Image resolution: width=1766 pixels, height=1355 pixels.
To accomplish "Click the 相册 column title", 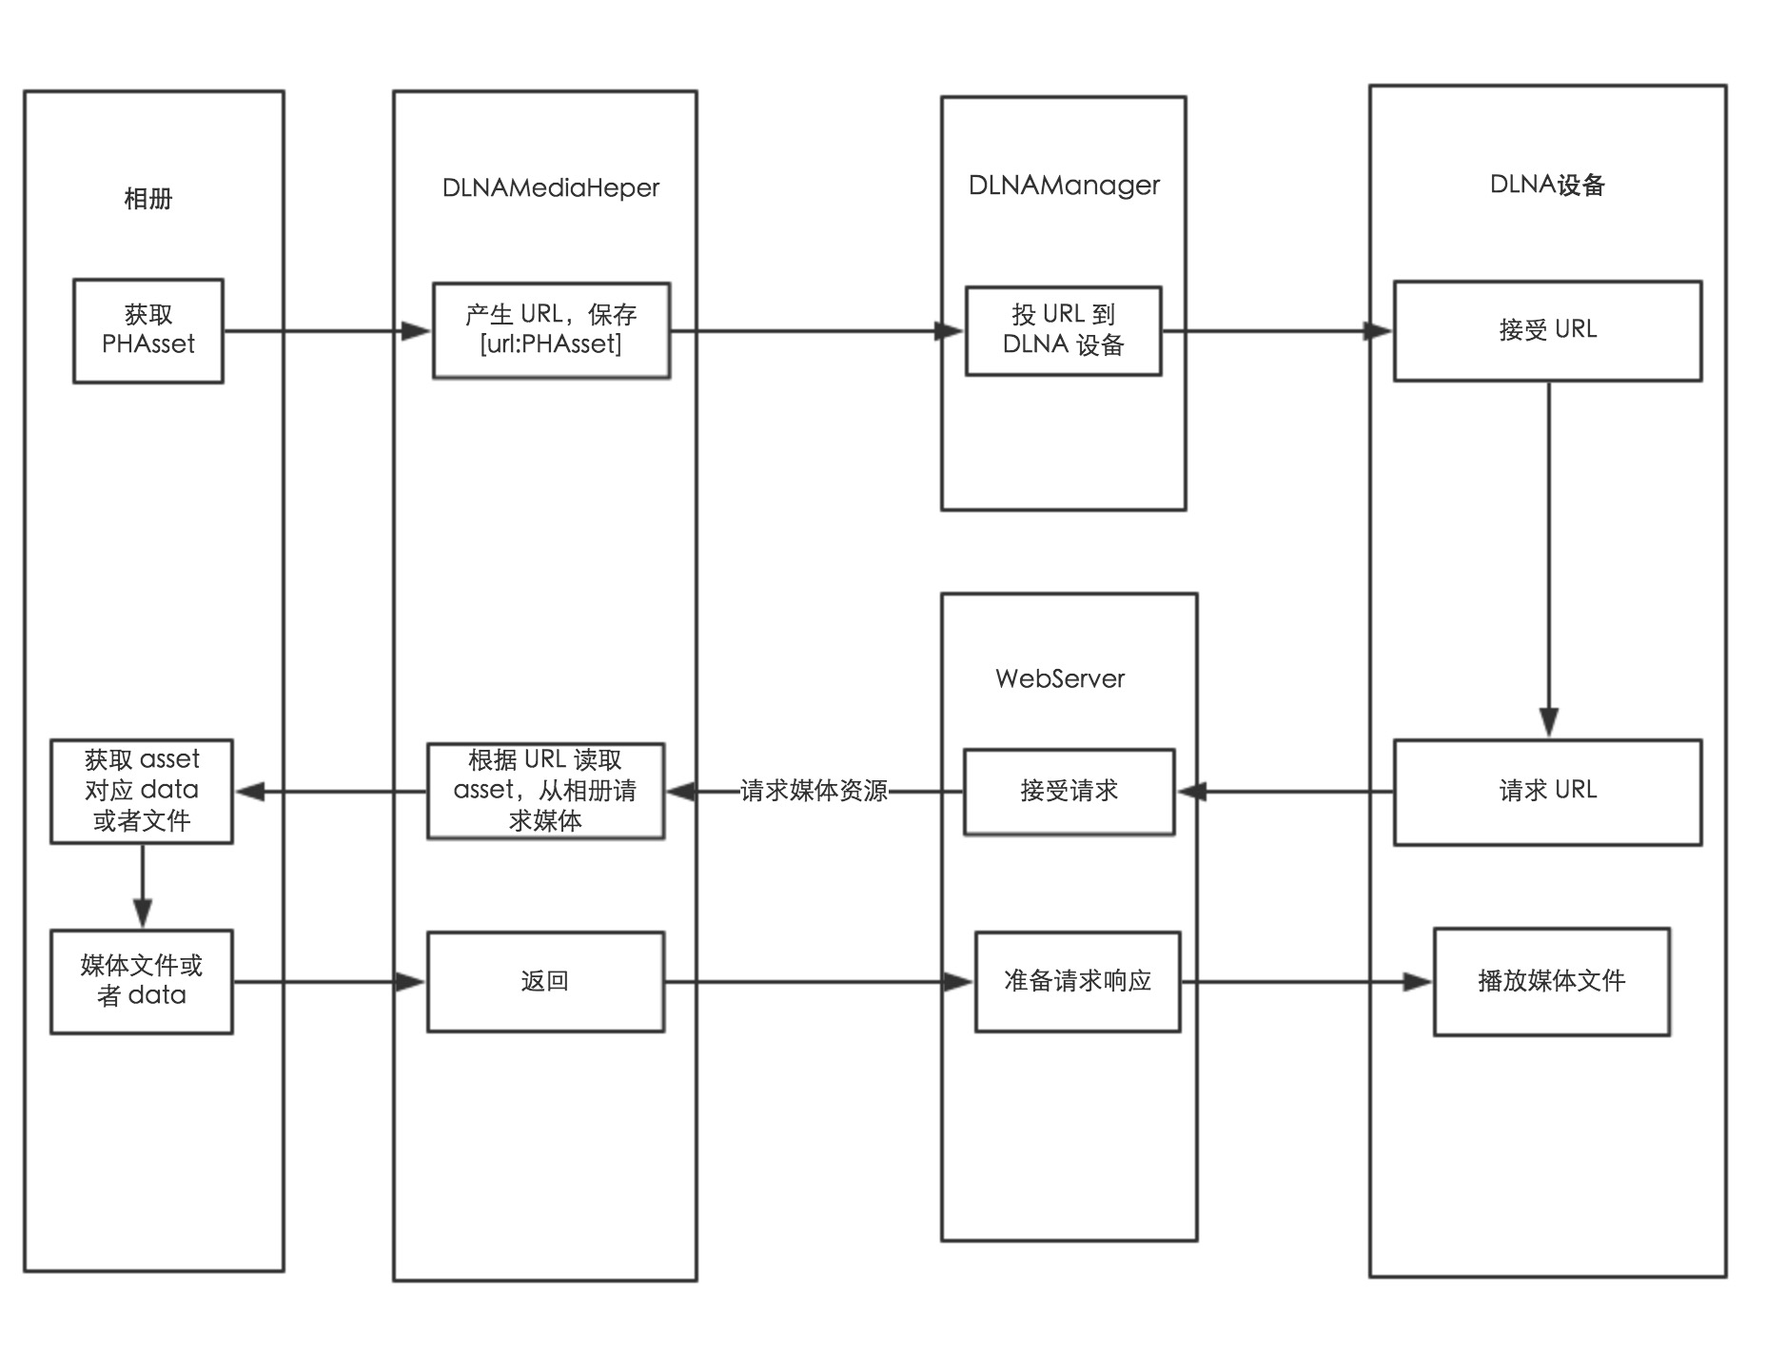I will (148, 199).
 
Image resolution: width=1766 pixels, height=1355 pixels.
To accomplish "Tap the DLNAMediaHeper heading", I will (550, 187).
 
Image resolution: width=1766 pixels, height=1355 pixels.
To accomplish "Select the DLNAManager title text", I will (1064, 185).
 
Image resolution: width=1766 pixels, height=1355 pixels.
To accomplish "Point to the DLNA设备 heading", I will (1547, 185).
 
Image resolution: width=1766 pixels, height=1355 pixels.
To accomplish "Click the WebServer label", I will (1060, 678).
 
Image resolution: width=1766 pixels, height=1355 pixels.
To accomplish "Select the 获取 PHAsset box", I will (148, 330).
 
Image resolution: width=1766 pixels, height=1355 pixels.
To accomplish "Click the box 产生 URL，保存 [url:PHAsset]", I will (551, 330).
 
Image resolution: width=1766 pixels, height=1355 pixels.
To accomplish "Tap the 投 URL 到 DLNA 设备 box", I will (1063, 330).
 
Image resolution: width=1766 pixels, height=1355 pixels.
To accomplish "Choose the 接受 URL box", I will (1547, 330).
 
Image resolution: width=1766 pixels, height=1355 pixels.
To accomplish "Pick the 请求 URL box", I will (1547, 791).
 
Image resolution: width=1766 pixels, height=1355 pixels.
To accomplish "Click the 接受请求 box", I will (1069, 791).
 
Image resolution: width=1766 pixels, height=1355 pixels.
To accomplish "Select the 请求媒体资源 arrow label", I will (814, 791).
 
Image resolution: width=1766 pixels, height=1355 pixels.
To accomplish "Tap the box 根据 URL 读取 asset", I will (545, 791).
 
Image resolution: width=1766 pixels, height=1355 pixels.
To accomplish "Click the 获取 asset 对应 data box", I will (142, 791).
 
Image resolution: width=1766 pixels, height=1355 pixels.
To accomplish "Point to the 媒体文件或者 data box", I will (142, 981).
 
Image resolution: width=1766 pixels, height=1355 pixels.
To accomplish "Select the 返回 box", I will (545, 981).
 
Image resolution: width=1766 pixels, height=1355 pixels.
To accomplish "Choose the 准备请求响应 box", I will (1077, 981).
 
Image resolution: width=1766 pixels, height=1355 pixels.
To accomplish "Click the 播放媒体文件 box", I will (1551, 981).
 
